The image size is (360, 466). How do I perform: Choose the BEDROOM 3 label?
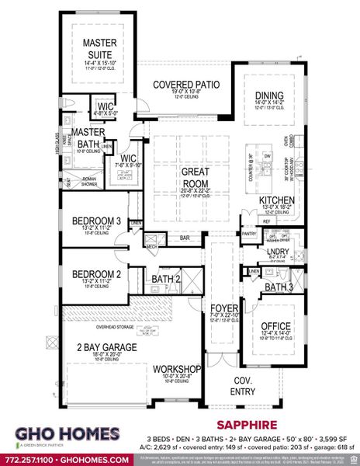(96, 222)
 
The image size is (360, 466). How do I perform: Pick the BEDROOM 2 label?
(96, 274)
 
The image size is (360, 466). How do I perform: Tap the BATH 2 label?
(166, 279)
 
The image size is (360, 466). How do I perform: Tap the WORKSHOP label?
(178, 368)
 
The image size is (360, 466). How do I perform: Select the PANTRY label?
(249, 234)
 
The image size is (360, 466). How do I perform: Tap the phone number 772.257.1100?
(30, 460)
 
